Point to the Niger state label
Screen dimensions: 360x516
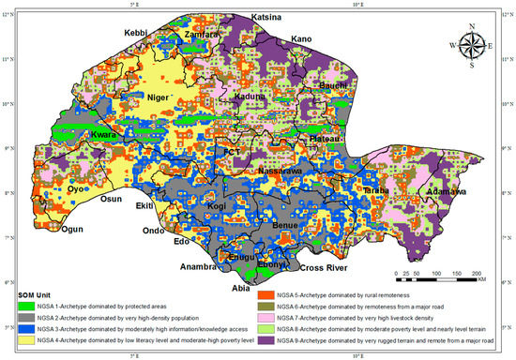click(159, 97)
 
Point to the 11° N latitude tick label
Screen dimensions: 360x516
click(8, 59)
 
